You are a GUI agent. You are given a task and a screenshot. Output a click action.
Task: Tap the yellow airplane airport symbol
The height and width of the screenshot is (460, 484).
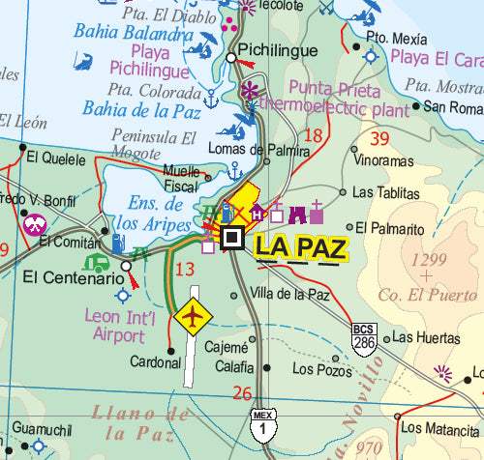pos(195,315)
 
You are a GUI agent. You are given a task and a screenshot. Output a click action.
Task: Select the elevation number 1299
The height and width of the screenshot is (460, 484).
pos(429,259)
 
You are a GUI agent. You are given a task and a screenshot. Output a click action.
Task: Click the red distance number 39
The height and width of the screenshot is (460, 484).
pos(379,139)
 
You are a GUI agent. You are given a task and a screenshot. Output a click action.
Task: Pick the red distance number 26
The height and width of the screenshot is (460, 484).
pos(242,393)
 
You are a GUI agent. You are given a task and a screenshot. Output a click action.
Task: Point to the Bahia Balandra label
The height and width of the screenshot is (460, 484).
pos(131,33)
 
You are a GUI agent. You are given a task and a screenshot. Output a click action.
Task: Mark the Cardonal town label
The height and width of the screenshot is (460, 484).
pos(156,362)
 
